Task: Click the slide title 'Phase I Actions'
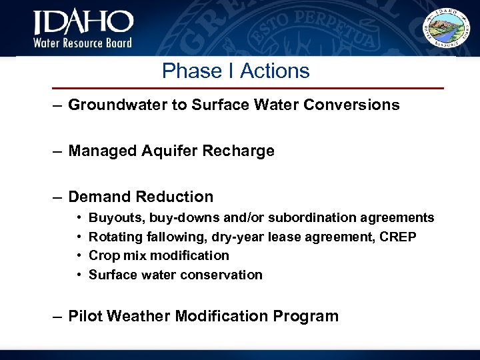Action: click(236, 71)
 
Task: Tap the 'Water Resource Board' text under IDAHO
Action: click(83, 43)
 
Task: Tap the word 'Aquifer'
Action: click(171, 151)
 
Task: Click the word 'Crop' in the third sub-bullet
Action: click(102, 255)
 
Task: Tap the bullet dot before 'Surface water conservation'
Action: click(79, 275)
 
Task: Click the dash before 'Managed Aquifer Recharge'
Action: click(59, 151)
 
